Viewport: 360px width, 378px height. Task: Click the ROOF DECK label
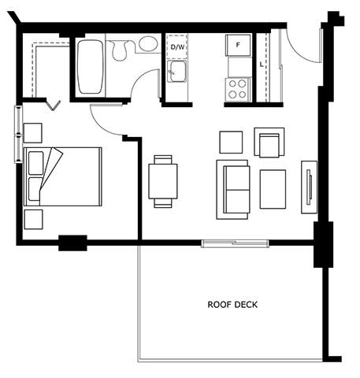point(232,305)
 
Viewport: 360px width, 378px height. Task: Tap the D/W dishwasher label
point(177,47)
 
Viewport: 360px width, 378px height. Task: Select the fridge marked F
point(238,45)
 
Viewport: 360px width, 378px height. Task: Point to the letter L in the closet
point(262,65)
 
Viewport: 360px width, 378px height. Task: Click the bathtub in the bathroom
point(90,67)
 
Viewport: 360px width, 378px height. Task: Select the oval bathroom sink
point(148,43)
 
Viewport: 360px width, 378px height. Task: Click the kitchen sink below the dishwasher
point(177,71)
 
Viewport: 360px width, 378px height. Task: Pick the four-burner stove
point(238,89)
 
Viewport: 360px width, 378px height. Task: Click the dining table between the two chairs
point(163,181)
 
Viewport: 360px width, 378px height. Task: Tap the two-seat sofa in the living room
point(232,190)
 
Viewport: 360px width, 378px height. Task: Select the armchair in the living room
point(269,143)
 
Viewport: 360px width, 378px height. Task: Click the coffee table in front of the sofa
point(273,189)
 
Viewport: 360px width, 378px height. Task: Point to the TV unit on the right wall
point(309,187)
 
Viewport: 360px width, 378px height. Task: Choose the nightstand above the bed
point(32,133)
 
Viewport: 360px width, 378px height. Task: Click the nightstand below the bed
point(33,220)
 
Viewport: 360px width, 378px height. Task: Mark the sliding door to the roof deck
point(236,243)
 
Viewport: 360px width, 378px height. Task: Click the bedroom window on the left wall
point(18,134)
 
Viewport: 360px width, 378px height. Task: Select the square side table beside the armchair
point(231,143)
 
